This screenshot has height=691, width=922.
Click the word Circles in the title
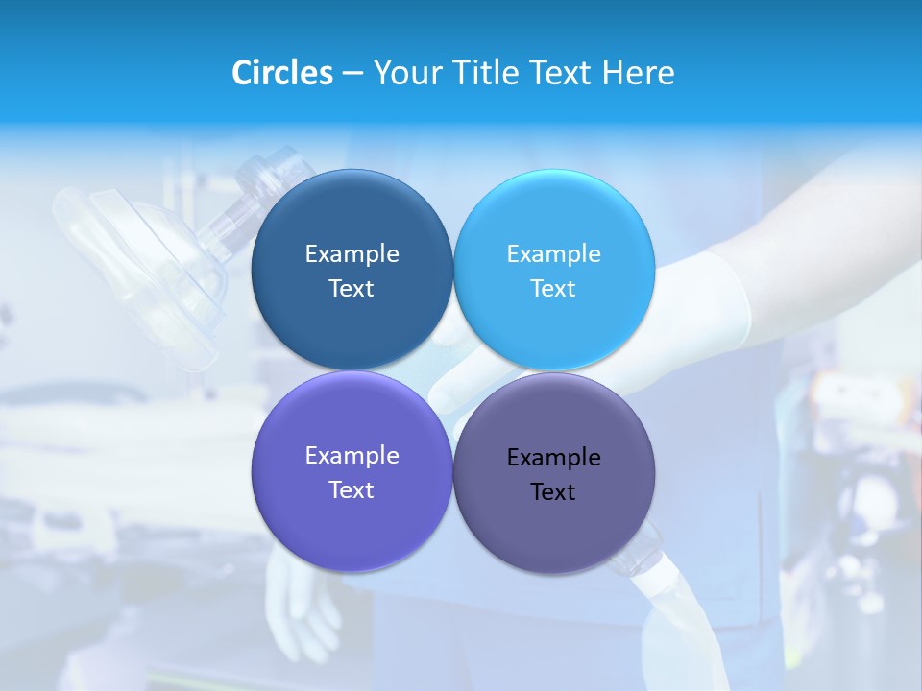point(282,73)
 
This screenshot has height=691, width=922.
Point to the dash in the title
point(352,74)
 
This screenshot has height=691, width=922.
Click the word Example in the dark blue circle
point(352,254)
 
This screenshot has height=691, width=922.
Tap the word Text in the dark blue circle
point(352,289)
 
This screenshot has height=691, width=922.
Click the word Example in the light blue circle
point(553,254)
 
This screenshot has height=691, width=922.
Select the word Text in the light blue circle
point(553,289)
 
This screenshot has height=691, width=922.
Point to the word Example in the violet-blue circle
point(352,456)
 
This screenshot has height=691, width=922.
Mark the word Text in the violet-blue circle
point(352,490)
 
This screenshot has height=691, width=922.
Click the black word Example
point(553,458)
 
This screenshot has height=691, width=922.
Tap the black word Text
point(553,492)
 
